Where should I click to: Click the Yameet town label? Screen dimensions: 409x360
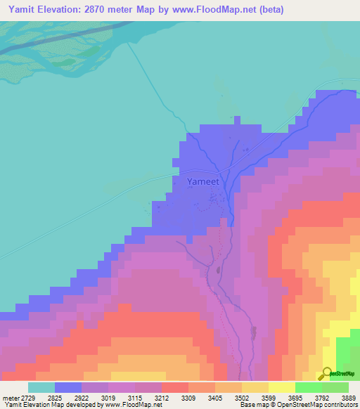coord(203,181)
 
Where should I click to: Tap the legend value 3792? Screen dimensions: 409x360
coord(335,397)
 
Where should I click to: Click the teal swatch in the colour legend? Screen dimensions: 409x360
coord(41,387)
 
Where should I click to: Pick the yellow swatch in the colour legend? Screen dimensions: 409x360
coord(281,387)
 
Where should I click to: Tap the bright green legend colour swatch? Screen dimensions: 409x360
coord(308,387)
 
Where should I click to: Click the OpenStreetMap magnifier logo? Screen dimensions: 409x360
coord(325,373)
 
